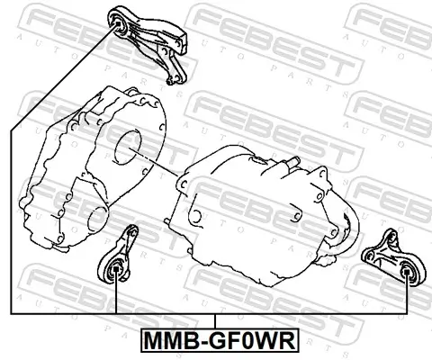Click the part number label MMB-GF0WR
[x=216, y=342]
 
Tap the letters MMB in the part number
[x=168, y=342]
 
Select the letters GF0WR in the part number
[x=247, y=342]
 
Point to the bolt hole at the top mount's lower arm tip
[x=175, y=81]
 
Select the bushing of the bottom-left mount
[x=114, y=271]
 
